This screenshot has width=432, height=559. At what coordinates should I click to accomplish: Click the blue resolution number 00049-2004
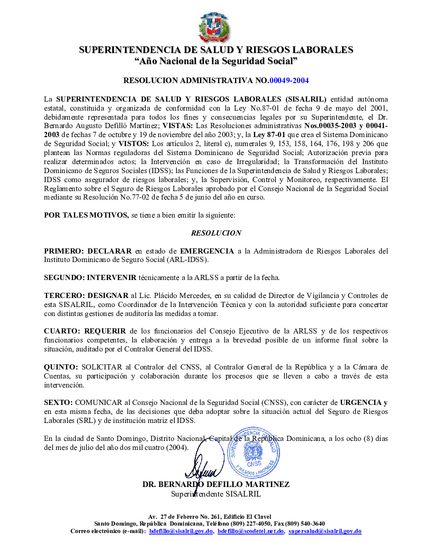(289, 81)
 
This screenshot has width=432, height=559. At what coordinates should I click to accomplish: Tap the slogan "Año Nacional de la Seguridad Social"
(215, 61)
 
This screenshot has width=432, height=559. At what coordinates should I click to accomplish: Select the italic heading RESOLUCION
(216, 233)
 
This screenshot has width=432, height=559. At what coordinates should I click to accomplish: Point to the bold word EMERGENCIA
(207, 251)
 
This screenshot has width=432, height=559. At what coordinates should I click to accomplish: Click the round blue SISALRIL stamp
(253, 450)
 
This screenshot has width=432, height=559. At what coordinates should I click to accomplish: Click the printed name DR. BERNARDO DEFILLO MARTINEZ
(216, 484)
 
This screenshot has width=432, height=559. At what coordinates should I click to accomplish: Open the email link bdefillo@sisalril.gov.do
(181, 531)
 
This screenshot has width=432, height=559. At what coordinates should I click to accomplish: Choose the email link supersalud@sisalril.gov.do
(325, 531)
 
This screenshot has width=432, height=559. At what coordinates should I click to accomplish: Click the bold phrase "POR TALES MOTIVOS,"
(86, 215)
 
